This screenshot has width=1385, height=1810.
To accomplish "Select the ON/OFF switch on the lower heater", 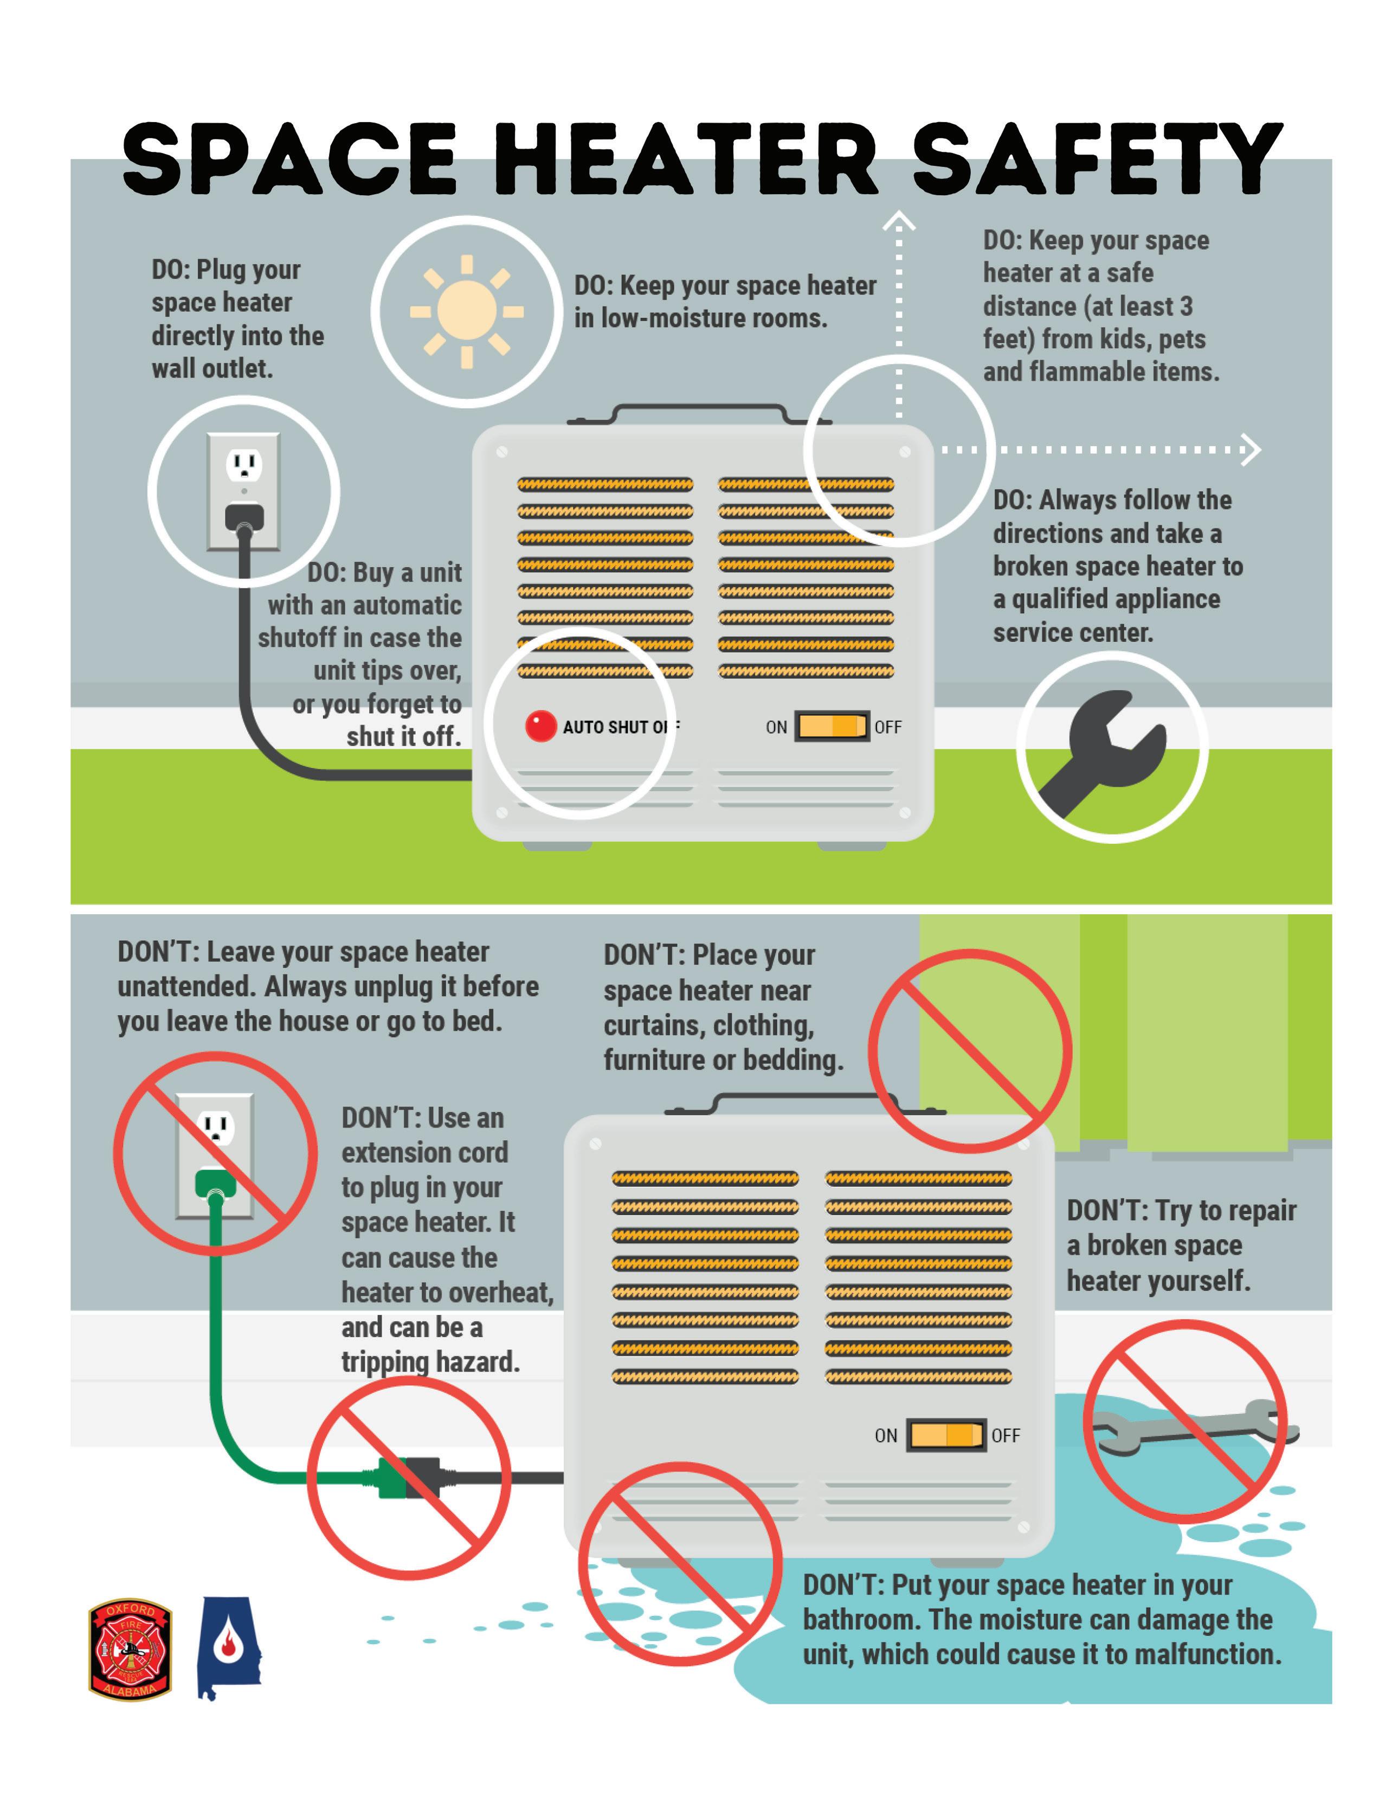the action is point(945,1435).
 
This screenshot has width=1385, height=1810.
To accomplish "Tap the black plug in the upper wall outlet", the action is point(244,517).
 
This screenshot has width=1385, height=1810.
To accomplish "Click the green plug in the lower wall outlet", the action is point(215,1184).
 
